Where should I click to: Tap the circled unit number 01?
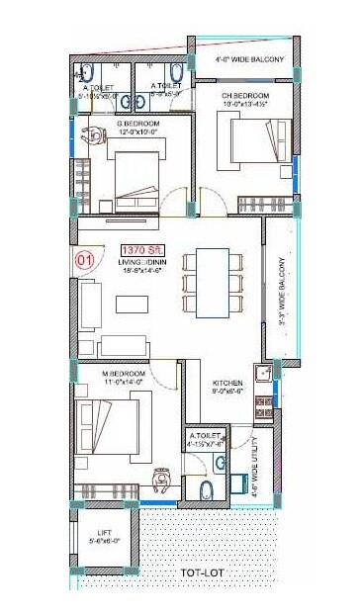85,261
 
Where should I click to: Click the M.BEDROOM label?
125,373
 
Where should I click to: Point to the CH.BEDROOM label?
244,94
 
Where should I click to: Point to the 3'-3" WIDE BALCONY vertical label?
282,291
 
